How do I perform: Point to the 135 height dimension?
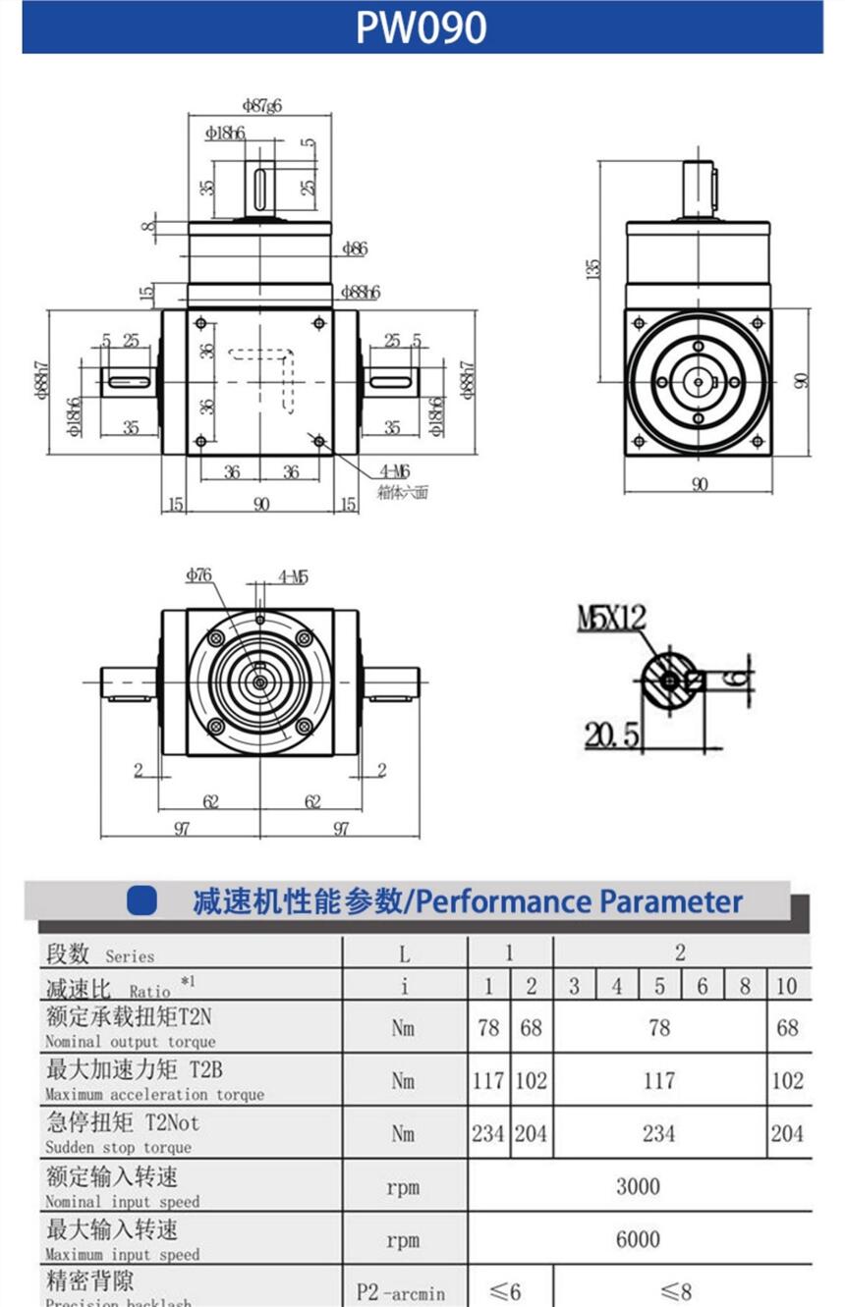tap(591, 268)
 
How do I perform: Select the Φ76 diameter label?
tap(199, 575)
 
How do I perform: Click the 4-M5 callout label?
tap(293, 576)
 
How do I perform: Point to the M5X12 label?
tap(611, 618)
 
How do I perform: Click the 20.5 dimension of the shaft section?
tap(612, 734)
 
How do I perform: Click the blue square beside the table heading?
tap(142, 901)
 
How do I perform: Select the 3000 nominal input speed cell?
tap(639, 1186)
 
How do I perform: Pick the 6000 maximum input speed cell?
tap(639, 1239)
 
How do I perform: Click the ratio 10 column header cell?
tap(787, 986)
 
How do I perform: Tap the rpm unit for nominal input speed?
tap(403, 1187)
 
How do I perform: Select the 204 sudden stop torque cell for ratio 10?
tap(787, 1133)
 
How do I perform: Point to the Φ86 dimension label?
tap(354, 249)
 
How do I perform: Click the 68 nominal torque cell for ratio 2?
tap(531, 1028)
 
